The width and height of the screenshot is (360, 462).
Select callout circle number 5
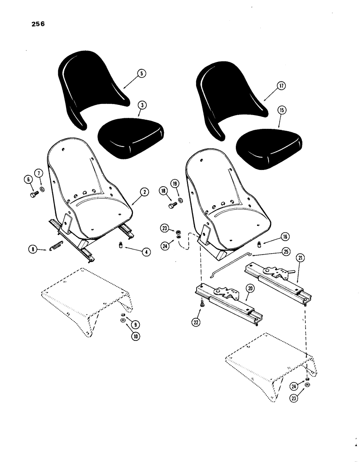pos(141,73)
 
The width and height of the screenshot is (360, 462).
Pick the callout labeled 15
pos(281,110)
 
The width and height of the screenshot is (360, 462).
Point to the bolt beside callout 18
pos(173,205)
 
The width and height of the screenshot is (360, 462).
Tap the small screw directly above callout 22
pos(202,304)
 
